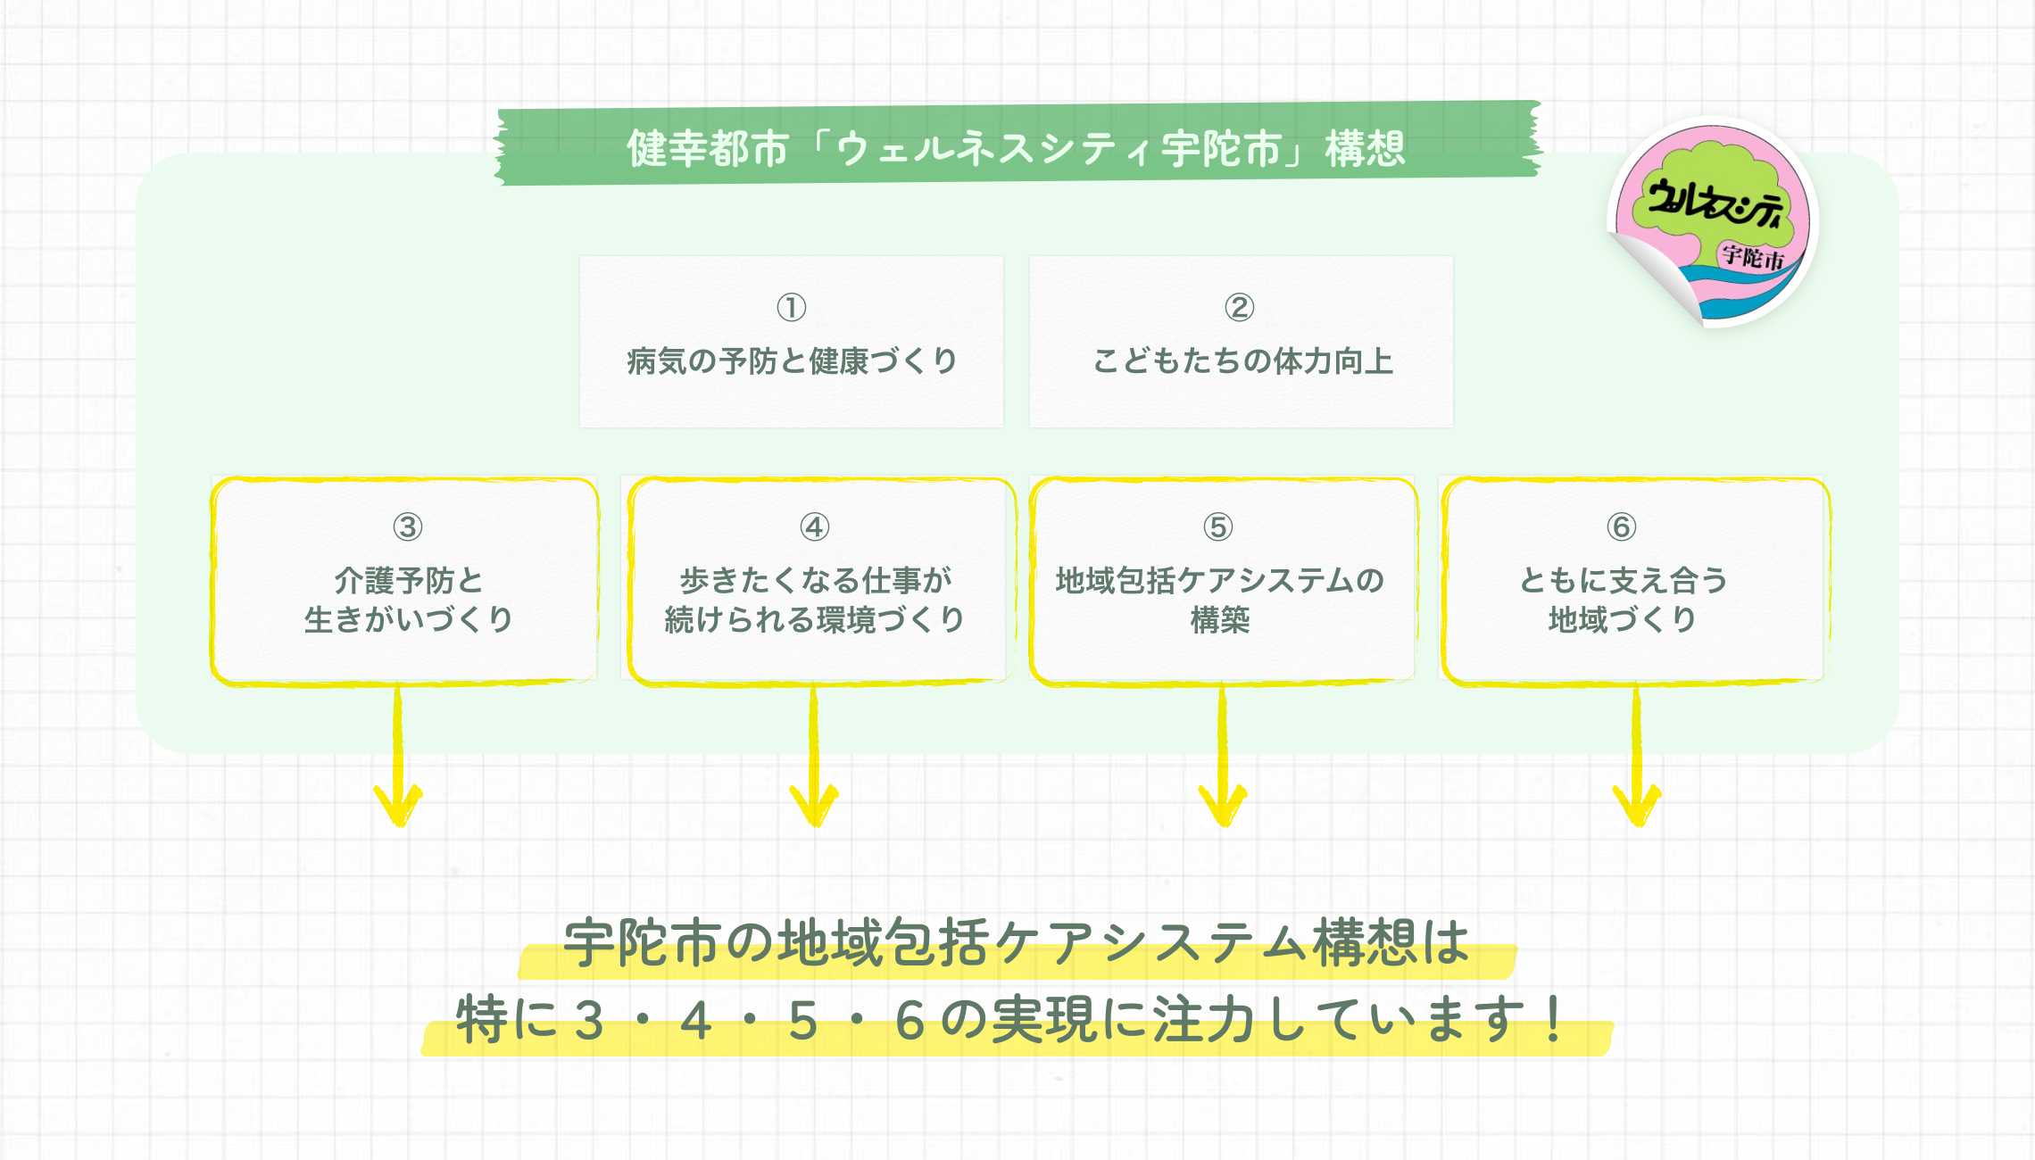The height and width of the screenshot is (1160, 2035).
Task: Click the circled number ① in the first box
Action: (x=792, y=307)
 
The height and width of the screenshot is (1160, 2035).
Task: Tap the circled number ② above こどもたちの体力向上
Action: (x=1239, y=307)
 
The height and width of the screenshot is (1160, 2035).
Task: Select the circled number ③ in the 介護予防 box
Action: (x=408, y=526)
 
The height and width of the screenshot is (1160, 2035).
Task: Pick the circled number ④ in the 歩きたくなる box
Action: (x=815, y=526)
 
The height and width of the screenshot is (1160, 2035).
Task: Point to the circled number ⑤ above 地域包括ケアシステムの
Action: (x=1218, y=526)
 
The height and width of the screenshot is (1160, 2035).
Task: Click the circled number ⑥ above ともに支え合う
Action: (x=1622, y=526)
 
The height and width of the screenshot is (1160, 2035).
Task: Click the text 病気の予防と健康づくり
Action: (x=792, y=361)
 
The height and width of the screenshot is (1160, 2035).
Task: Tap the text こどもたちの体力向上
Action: (x=1242, y=361)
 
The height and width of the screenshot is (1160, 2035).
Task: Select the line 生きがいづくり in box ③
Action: (x=408, y=619)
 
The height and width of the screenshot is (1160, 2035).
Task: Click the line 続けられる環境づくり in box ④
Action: (x=815, y=619)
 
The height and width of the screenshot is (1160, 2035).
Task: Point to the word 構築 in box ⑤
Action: (x=1220, y=619)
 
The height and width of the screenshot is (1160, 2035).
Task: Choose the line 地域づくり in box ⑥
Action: (x=1622, y=619)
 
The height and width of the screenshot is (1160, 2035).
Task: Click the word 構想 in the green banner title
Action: (x=1366, y=148)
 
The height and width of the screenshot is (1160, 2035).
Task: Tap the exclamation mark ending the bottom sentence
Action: (x=1554, y=1019)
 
